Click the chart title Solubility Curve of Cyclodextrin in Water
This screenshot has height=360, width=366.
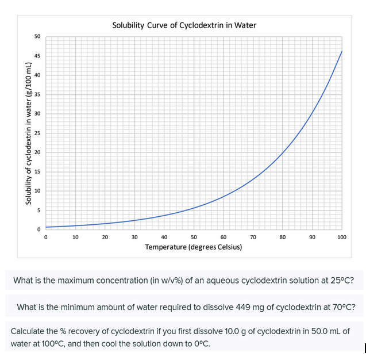coord(184,25)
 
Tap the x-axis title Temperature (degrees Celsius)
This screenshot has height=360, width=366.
coord(193,247)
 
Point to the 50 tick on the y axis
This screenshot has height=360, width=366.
coord(37,37)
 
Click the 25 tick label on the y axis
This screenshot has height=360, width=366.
coord(37,133)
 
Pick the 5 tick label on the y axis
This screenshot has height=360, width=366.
coord(38,210)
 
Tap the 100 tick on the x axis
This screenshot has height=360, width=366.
coord(342,236)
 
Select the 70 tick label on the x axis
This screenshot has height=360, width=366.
coord(253,236)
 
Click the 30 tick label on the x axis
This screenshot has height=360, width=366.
coord(134,236)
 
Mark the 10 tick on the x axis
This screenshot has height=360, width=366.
coord(75,236)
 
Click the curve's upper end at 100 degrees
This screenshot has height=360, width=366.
coord(342,51)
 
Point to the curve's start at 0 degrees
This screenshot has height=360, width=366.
coord(46,227)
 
